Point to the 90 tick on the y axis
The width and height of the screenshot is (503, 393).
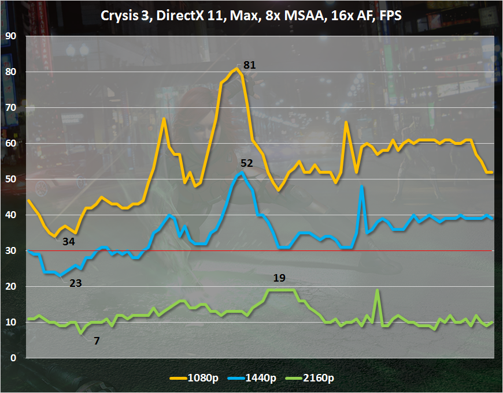tap(10, 36)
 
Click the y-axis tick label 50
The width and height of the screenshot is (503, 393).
tap(10, 179)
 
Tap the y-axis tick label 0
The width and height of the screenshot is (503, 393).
tap(13, 358)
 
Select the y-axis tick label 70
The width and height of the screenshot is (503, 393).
tap(10, 107)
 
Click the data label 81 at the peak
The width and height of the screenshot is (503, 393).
tap(249, 65)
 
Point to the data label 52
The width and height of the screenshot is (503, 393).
tap(247, 163)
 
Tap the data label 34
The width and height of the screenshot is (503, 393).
tap(69, 241)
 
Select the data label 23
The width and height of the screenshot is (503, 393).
tap(76, 283)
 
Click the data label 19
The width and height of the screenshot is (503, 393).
tap(279, 278)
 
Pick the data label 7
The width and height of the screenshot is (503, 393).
tap(97, 340)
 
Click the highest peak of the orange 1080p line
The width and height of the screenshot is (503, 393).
tap(237, 69)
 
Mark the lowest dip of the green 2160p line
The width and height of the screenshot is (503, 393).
tap(81, 333)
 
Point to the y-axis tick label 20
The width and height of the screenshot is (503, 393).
tap(10, 286)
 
